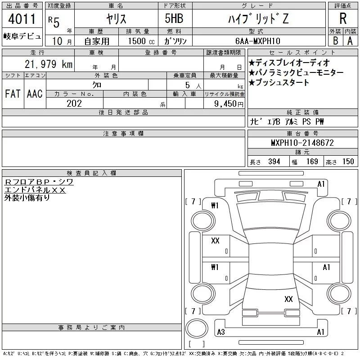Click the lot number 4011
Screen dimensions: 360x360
click(22, 18)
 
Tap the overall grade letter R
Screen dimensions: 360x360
click(343, 18)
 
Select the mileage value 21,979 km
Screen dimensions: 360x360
click(49, 64)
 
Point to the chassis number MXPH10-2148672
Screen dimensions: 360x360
click(302, 143)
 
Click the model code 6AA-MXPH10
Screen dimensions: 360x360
click(258, 41)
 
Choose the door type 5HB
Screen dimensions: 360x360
click(174, 18)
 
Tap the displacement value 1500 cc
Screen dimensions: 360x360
click(141, 41)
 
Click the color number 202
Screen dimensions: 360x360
click(74, 103)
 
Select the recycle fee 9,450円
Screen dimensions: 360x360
click(229, 104)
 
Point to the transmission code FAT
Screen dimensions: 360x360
click(13, 94)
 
